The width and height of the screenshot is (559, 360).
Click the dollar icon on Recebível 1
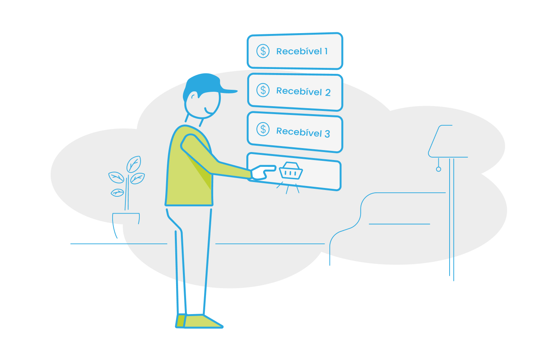[263, 51]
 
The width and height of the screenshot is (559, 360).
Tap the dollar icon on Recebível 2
[263, 90]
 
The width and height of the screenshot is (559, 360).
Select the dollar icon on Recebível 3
[263, 129]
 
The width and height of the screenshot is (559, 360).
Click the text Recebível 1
[302, 51]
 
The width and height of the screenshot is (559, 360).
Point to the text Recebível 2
[303, 91]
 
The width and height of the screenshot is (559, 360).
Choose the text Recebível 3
[303, 132]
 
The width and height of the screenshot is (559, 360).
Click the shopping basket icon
[291, 171]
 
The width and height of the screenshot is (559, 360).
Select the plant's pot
[126, 218]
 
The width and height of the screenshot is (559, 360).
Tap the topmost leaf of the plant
[133, 164]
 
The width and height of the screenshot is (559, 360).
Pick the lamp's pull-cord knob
[438, 169]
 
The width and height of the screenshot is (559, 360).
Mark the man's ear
[193, 97]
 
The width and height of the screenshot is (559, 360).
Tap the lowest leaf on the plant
[117, 193]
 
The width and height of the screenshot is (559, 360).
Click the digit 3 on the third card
[327, 134]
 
